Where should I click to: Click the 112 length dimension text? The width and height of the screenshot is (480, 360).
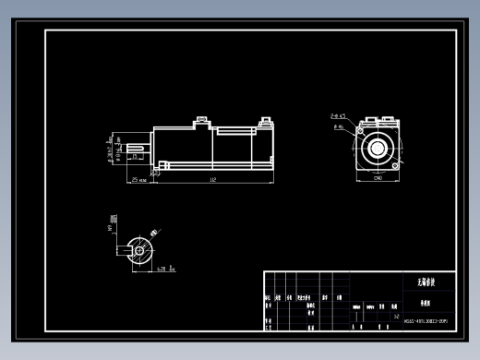click(x=213, y=180)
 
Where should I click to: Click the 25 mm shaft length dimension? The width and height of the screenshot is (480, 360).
click(x=139, y=180)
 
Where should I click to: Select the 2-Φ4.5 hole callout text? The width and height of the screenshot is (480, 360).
click(x=338, y=116)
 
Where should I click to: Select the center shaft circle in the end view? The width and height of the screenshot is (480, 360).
click(x=378, y=148)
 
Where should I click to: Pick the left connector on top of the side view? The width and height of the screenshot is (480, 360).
click(x=199, y=120)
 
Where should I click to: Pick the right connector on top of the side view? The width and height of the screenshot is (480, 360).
click(x=265, y=120)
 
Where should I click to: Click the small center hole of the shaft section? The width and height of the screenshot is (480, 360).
click(x=140, y=247)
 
